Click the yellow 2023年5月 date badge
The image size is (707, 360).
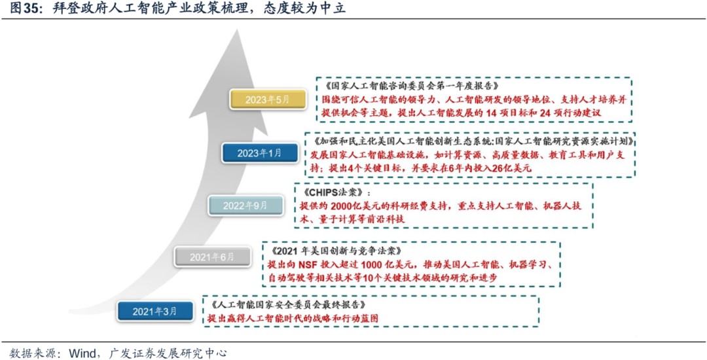(x=268, y=99)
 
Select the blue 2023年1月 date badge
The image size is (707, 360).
(x=260, y=153)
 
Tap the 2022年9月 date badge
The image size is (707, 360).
(x=245, y=206)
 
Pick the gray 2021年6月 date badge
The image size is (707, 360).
(x=212, y=257)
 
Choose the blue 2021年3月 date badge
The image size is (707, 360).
(x=155, y=311)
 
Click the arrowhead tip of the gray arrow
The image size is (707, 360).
(x=236, y=29)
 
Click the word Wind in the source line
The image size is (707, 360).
(x=82, y=353)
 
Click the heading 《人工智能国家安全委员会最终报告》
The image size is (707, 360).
(x=287, y=304)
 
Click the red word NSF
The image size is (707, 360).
(x=308, y=264)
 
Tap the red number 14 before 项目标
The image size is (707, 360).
(x=490, y=113)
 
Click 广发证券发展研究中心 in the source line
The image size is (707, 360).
(x=168, y=353)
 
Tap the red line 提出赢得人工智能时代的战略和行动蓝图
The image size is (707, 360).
(x=293, y=318)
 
